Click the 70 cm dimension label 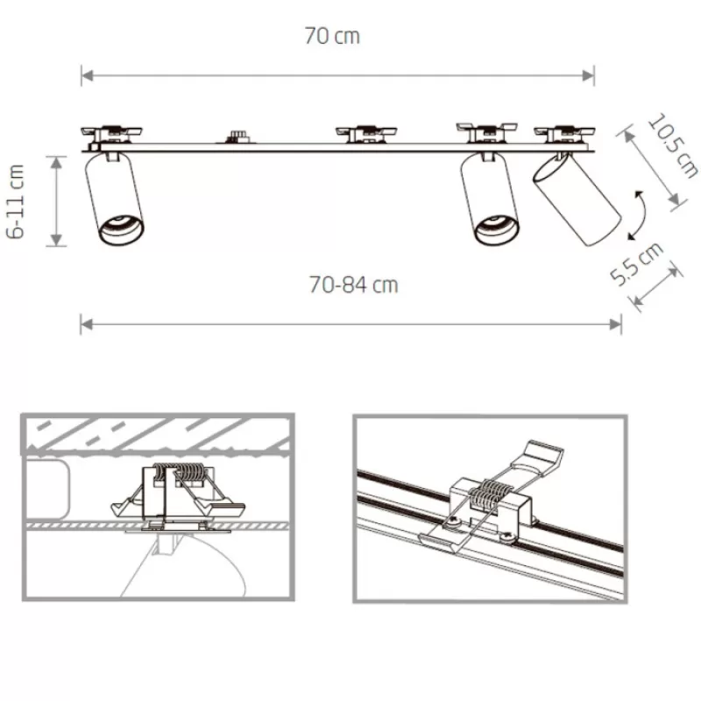[332, 36]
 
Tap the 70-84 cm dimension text [353, 285]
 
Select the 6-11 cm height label [16, 202]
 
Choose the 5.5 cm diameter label [637, 264]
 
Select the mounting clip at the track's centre [366, 134]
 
